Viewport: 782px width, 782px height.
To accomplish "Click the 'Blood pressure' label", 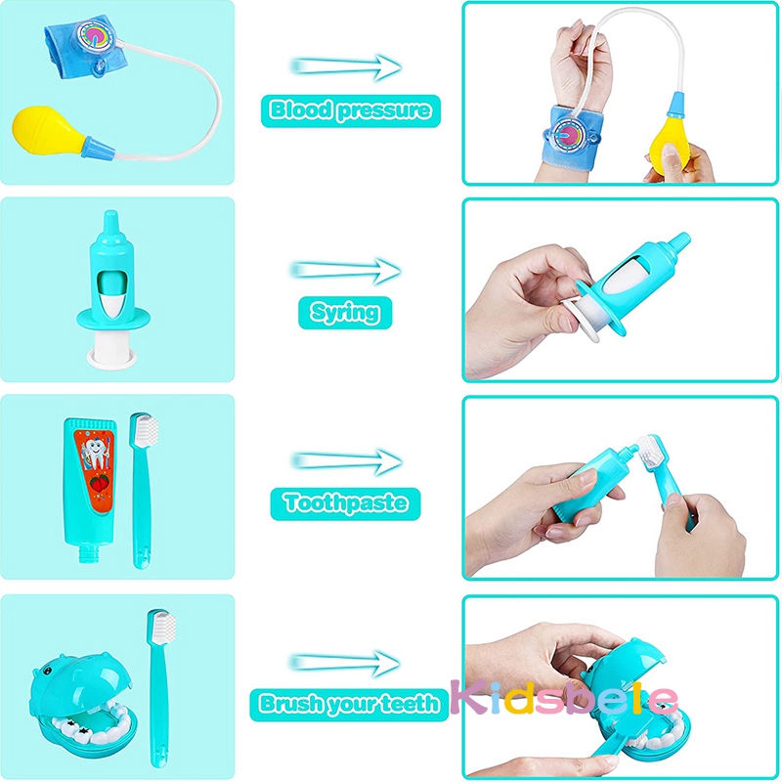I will click(349, 109).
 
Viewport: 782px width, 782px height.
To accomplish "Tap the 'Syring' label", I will click(344, 312).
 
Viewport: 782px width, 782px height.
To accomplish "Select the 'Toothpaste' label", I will click(345, 503).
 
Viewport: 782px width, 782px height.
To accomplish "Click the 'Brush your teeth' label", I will click(349, 702).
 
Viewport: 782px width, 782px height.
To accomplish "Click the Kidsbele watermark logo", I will click(564, 698).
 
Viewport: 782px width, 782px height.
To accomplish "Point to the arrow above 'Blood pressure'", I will click(346, 65).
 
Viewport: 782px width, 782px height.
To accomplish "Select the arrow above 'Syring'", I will click(346, 270).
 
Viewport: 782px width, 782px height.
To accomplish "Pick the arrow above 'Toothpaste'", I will click(346, 459).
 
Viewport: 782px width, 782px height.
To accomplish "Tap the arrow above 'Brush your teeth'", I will click(346, 662).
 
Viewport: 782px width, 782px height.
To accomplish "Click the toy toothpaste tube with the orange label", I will click(95, 489).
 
